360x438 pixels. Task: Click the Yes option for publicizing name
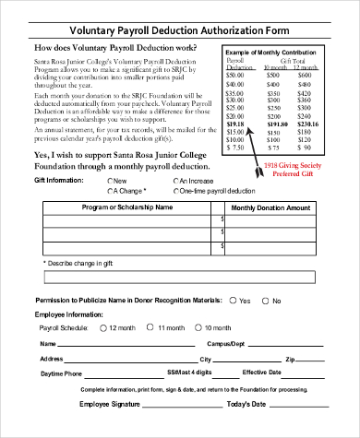tap(232, 301)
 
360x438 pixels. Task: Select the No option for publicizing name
tap(263, 301)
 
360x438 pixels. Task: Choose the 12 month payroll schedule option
tap(102, 327)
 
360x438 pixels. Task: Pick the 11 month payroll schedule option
tap(151, 327)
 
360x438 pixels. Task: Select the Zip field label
tap(289, 359)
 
